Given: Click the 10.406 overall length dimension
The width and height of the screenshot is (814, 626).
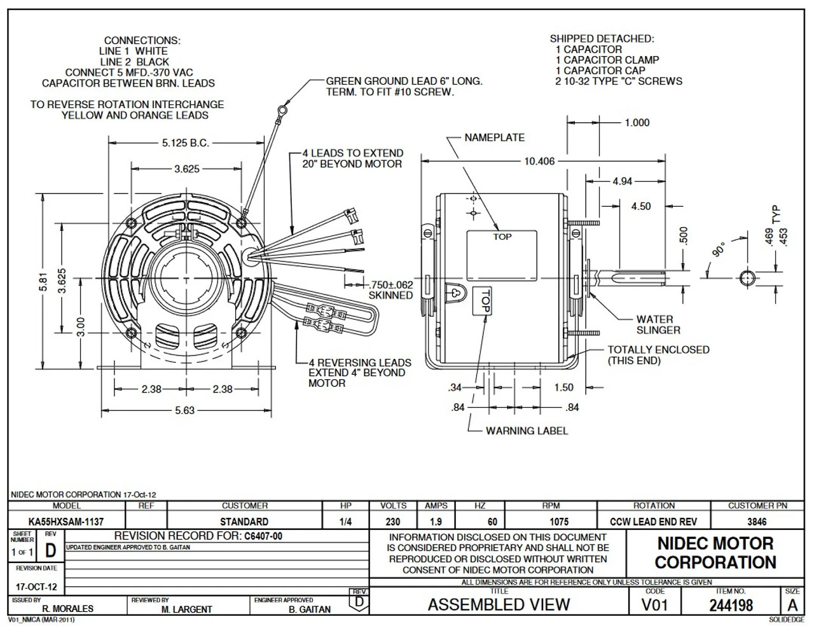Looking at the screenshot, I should click(x=539, y=162).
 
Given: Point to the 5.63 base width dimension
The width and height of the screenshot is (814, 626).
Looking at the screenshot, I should click(x=184, y=410).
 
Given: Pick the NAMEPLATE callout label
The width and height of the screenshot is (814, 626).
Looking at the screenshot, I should click(x=494, y=137).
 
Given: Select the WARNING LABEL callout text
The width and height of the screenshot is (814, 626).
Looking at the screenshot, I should click(x=527, y=431).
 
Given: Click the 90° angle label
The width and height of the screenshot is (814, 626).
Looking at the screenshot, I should click(x=719, y=249).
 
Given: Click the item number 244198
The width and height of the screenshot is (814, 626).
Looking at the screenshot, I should click(x=730, y=605).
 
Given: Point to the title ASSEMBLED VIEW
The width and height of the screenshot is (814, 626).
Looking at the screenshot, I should click(x=499, y=604).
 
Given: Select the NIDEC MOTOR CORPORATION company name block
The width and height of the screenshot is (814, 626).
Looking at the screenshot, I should click(x=715, y=553).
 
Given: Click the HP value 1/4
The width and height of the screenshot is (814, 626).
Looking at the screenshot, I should click(x=346, y=522).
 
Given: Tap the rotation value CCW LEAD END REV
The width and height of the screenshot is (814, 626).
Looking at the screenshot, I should click(x=653, y=522).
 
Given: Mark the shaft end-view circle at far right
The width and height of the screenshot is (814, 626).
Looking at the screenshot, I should click(x=747, y=277).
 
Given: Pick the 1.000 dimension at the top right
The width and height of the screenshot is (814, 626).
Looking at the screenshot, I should click(x=637, y=123).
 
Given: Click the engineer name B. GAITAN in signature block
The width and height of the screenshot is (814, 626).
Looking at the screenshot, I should click(x=310, y=609).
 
